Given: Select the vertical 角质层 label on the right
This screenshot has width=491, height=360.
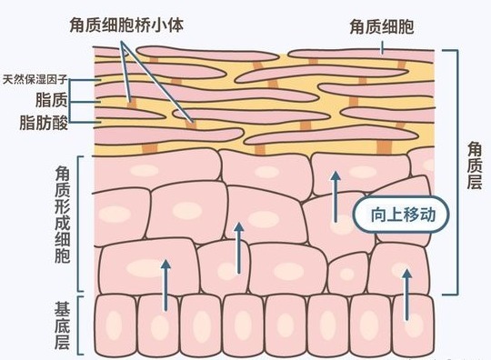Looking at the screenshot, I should (474, 169).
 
